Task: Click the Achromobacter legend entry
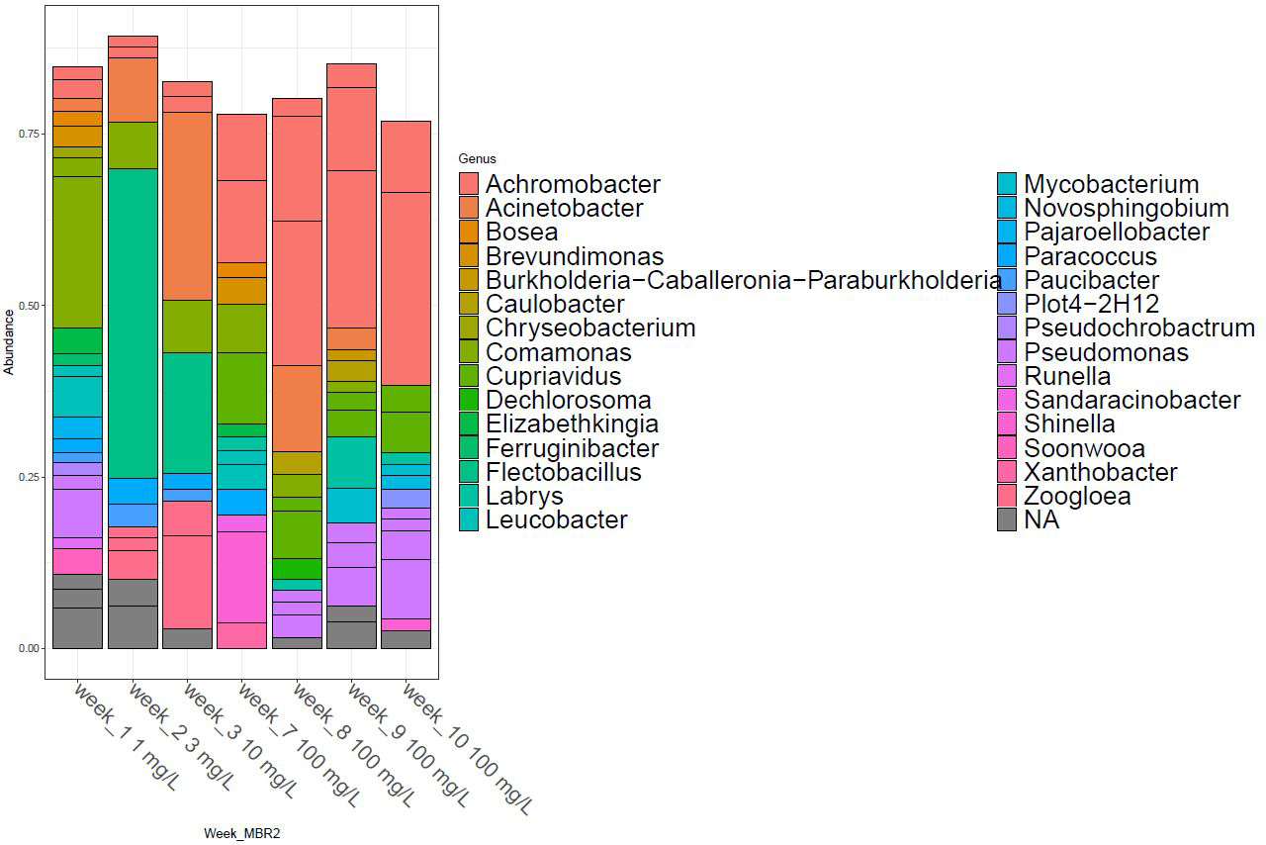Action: coord(573,184)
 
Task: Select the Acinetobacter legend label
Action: coord(564,208)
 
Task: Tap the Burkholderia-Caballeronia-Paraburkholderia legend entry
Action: coord(743,280)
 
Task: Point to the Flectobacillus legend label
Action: coord(563,472)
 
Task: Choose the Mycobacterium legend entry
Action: coord(1111,184)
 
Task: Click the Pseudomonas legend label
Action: coord(1106,352)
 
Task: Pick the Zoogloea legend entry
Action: coord(1077,496)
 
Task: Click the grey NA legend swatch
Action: coord(1007,520)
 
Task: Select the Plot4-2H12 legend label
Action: coord(1091,304)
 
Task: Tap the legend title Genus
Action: coord(477,158)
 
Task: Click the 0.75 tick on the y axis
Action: coord(29,134)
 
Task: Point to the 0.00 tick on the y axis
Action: coord(29,648)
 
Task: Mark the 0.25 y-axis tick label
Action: coord(29,477)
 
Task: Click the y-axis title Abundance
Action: coord(10,341)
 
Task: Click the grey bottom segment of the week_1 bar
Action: coord(77,627)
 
